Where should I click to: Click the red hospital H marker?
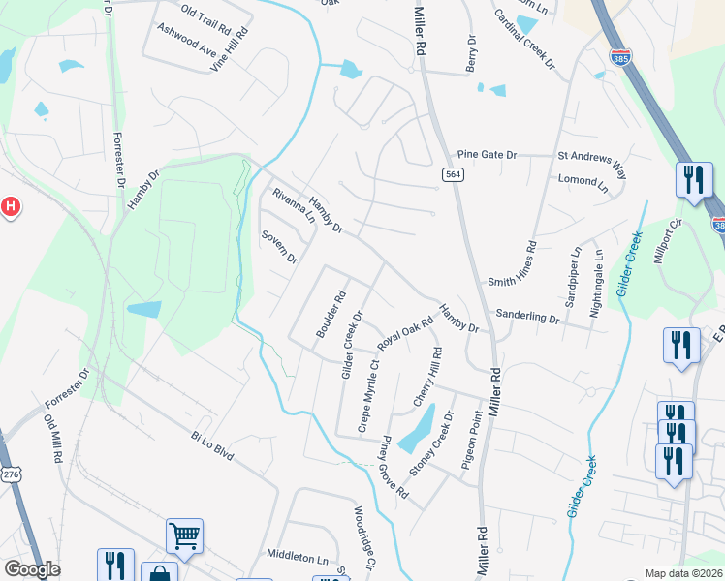(x=9, y=206)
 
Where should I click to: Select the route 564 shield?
(x=452, y=174)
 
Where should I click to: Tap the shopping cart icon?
(x=184, y=535)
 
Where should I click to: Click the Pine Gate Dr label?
(x=488, y=155)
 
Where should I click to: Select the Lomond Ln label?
(x=583, y=180)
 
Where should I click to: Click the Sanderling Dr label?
(x=527, y=317)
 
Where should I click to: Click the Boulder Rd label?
(x=331, y=316)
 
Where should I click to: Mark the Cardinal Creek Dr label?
(x=523, y=40)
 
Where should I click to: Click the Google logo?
(x=32, y=570)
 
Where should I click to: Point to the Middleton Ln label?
(x=298, y=559)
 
